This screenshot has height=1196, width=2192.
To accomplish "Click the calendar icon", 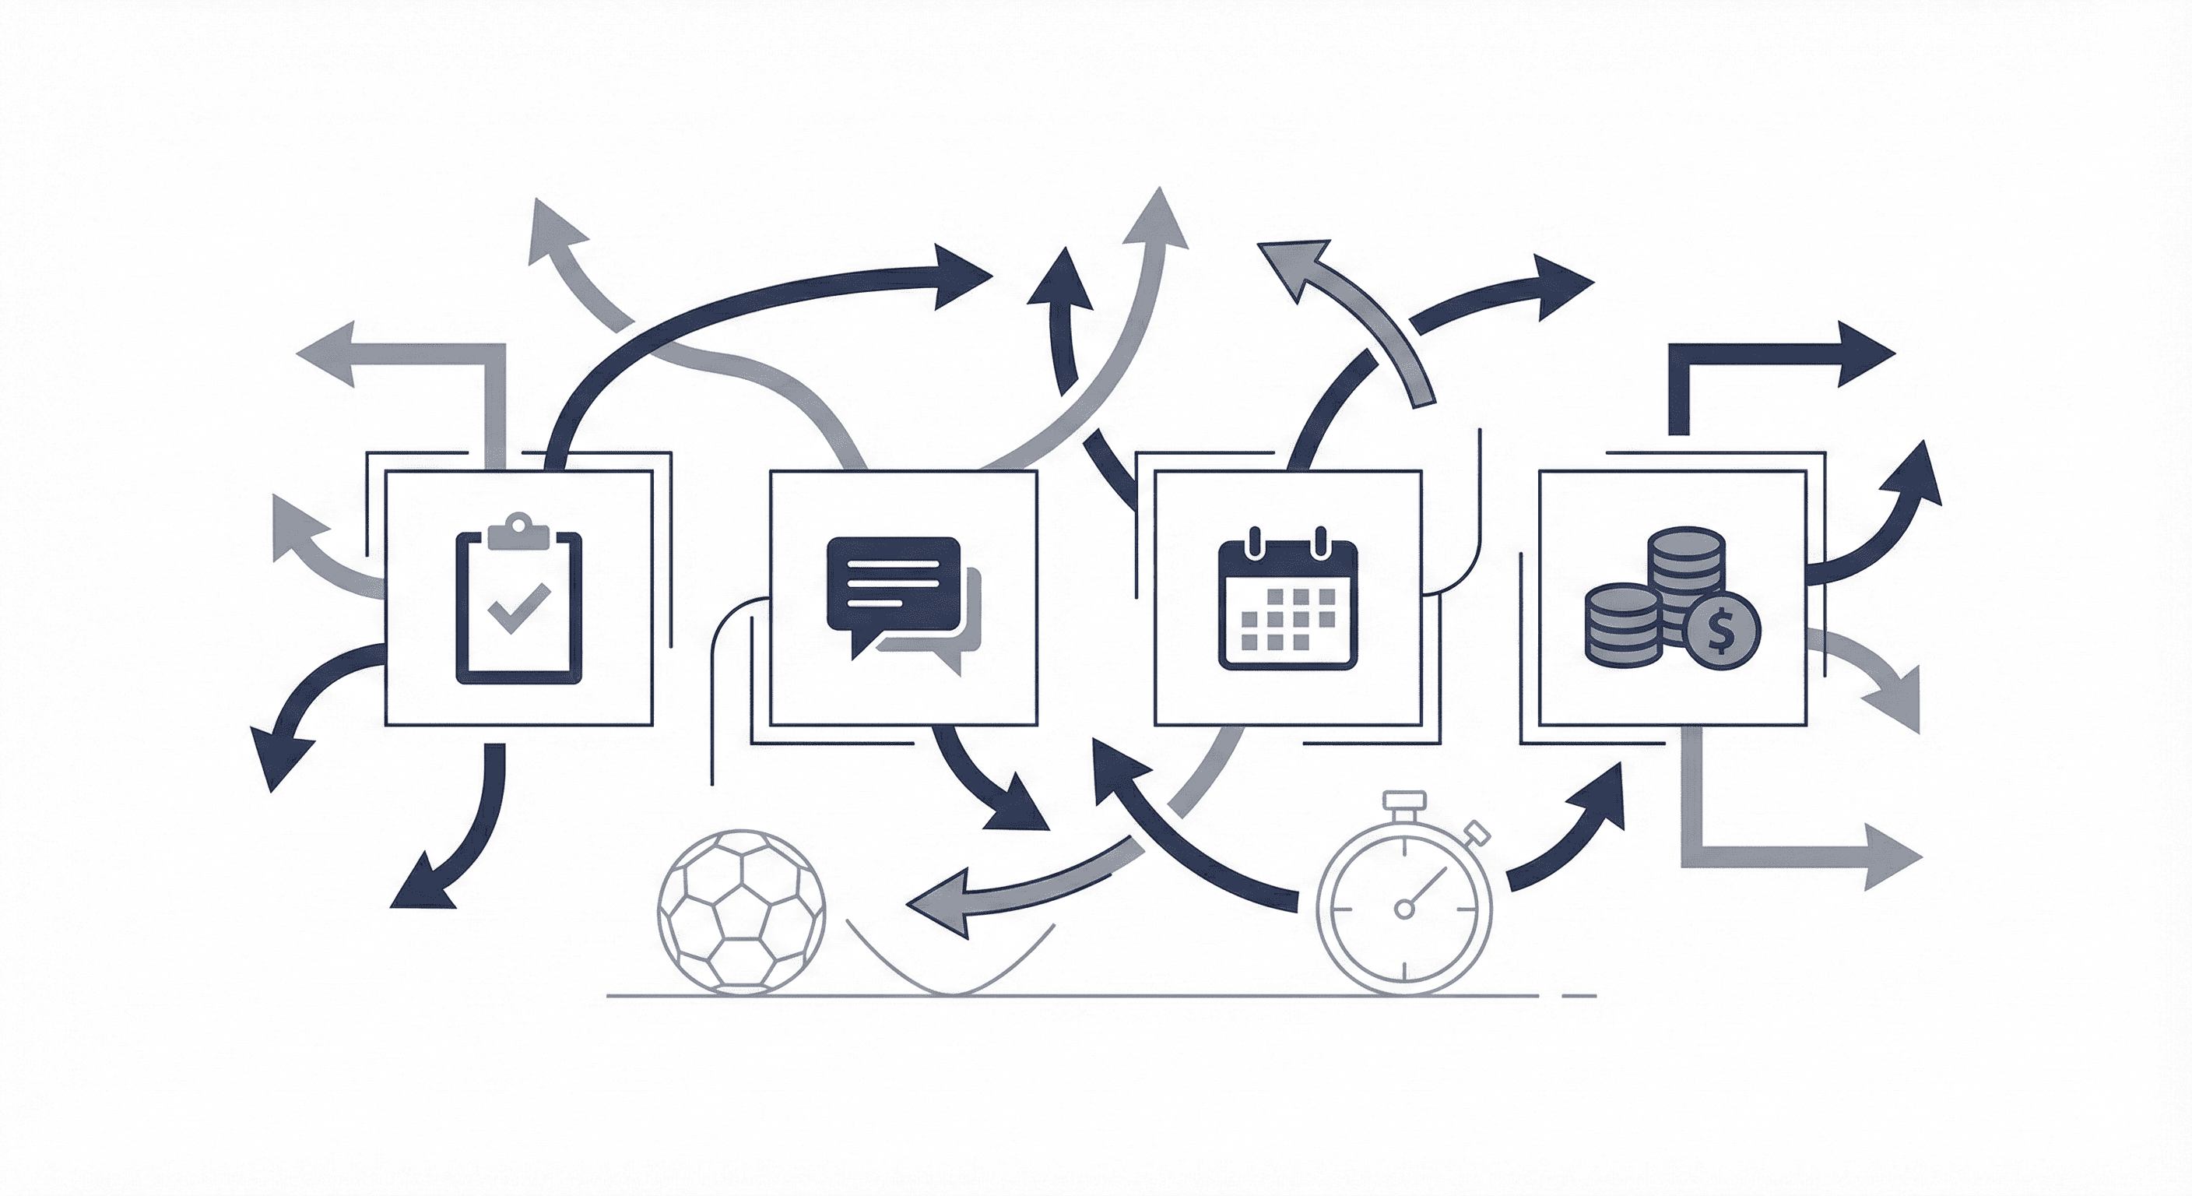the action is (x=1287, y=600).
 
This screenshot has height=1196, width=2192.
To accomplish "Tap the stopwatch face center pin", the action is (x=1404, y=910).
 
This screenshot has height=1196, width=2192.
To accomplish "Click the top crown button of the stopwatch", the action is (x=1404, y=800).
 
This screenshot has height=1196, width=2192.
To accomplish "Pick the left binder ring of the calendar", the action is (x=1252, y=541).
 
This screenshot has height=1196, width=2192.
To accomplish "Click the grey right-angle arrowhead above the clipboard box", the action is (x=330, y=354).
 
